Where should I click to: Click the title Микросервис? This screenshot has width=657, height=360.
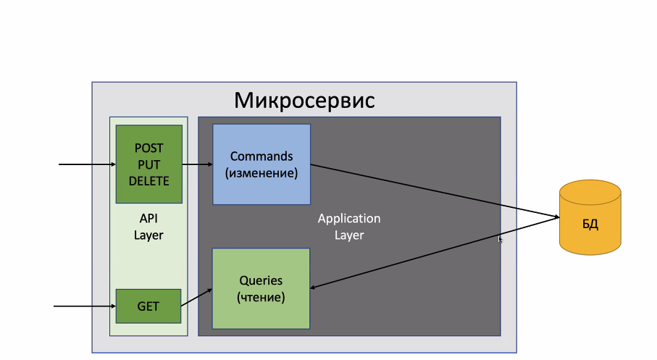point(304,101)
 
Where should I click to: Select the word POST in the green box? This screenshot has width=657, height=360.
point(148,148)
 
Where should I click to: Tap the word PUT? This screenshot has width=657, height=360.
point(148,164)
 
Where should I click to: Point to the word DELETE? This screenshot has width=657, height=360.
point(148,181)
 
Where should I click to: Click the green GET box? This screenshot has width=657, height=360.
point(148,306)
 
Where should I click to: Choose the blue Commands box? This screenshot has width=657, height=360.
point(261,164)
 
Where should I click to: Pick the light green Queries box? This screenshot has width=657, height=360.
point(261,289)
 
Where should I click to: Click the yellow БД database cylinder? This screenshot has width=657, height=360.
point(590,217)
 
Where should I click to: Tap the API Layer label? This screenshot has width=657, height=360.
point(148,227)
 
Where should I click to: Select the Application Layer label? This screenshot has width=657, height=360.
point(349,227)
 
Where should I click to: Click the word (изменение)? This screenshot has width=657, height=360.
point(261,173)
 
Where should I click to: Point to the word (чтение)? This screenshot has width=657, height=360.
point(261,298)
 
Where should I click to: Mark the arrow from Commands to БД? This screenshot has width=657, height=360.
point(435,191)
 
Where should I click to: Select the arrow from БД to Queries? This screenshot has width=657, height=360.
point(435,253)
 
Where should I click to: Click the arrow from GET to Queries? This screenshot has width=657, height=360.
point(196,298)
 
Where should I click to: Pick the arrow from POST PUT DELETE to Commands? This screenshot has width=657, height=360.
point(197,164)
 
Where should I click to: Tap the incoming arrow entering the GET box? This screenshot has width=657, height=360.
point(85,306)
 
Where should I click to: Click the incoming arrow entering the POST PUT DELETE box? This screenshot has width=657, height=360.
point(87,164)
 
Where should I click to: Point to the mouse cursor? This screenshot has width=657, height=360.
point(500,239)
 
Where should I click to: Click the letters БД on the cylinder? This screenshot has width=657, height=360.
point(590,225)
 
